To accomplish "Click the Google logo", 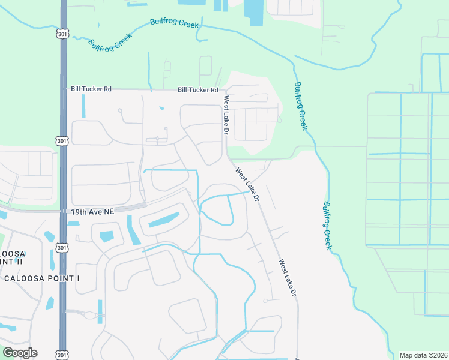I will pyautogui.click(x=20, y=353).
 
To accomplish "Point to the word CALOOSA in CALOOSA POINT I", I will pyautogui.click(x=26, y=279).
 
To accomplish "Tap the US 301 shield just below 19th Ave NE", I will pyautogui.click(x=62, y=247).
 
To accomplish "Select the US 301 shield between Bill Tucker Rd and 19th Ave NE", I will pyautogui.click(x=62, y=140).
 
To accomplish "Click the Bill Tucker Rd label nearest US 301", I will pyautogui.click(x=91, y=89).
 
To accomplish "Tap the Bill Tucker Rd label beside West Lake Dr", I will pyautogui.click(x=197, y=90).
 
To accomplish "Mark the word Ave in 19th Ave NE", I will pyautogui.click(x=94, y=212).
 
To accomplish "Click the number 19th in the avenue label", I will pyautogui.click(x=79, y=212).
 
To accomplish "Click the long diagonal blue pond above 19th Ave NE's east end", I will pyautogui.click(x=163, y=220).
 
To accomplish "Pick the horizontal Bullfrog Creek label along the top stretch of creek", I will pyautogui.click(x=174, y=23).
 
